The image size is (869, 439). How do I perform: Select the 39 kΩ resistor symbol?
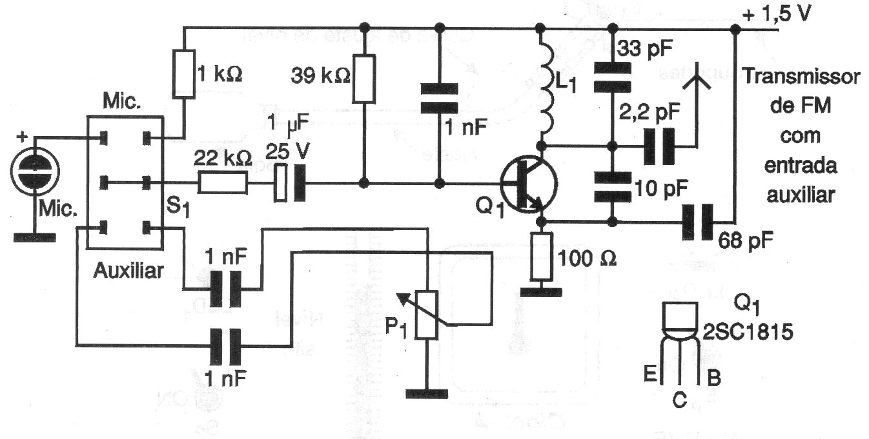[x=364, y=79]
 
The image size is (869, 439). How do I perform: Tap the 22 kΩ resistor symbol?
[x=222, y=184]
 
